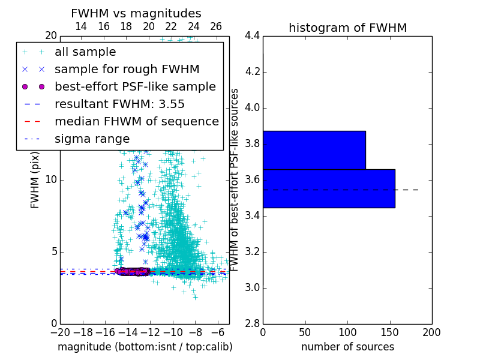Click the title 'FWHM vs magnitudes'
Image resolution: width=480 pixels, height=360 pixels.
click(x=136, y=14)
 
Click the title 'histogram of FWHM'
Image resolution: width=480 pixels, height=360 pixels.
click(x=347, y=28)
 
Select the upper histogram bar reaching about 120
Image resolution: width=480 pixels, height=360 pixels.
click(x=314, y=150)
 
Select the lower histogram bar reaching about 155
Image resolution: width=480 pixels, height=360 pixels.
click(x=328, y=188)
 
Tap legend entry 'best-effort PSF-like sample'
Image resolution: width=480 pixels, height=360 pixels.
click(x=135, y=87)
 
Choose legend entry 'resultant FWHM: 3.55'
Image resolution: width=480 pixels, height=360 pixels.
click(x=119, y=104)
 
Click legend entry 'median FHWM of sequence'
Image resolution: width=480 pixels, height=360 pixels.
click(x=136, y=122)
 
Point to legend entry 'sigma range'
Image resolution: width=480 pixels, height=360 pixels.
click(x=92, y=139)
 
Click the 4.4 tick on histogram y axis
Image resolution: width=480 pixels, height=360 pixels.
click(x=252, y=36)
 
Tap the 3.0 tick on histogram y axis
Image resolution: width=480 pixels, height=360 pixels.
click(x=252, y=287)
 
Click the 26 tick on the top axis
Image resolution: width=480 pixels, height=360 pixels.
click(x=216, y=26)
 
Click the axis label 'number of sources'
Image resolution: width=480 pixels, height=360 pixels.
click(x=347, y=347)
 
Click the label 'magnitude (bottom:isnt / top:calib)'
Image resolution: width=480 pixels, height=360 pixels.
click(x=145, y=347)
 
